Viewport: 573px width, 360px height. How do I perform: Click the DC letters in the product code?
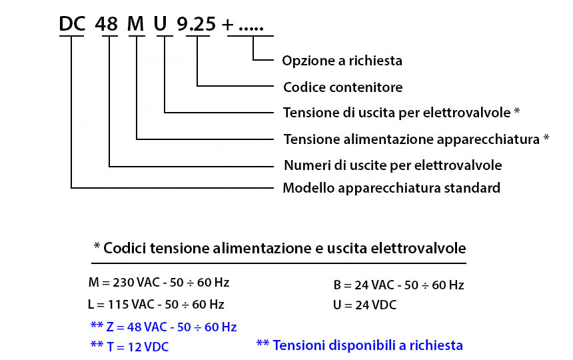72,24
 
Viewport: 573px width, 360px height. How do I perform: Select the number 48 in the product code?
107,24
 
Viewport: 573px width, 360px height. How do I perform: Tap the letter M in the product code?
135,24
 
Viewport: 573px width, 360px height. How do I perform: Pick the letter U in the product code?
161,24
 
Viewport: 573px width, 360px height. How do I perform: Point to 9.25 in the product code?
197,24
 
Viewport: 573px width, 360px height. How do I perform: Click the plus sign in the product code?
227,25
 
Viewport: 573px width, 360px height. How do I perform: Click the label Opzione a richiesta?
342,61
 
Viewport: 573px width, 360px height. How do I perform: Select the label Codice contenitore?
342,87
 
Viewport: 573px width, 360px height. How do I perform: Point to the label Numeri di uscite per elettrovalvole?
393,165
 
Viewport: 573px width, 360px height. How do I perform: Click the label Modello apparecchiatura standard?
391,188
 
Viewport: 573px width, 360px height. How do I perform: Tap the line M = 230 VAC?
159,283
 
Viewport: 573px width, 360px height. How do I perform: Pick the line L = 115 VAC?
156,304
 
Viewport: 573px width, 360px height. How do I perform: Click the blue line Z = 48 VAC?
163,327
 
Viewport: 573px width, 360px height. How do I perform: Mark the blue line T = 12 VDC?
129,347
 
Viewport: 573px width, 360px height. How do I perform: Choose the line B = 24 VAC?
398,285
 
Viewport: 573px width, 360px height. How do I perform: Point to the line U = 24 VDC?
364,305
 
